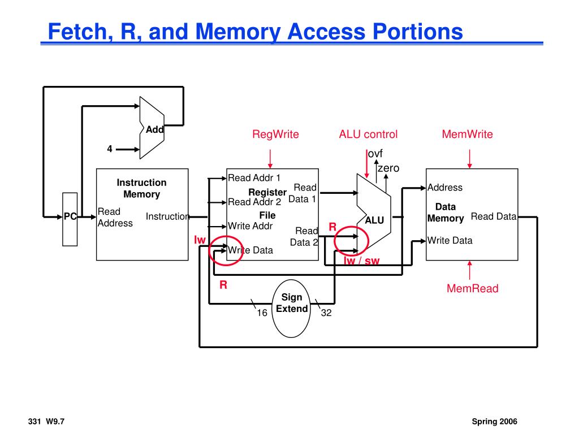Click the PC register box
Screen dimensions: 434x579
coord(70,219)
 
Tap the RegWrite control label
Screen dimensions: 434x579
coord(275,134)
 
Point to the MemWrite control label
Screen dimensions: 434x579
coord(467,134)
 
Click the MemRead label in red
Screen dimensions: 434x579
coord(473,289)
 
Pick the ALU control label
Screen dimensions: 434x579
coord(368,134)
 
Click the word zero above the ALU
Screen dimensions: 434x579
coord(388,168)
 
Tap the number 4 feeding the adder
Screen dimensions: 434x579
coord(110,149)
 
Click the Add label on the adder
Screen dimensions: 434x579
coord(154,129)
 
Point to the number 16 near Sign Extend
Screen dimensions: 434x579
coord(262,313)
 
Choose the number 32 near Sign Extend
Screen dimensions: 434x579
coord(326,313)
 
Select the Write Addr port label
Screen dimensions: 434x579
coord(250,226)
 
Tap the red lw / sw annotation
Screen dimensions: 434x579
coord(362,261)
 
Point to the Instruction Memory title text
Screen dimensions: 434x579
coord(141,188)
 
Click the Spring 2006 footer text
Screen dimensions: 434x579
coord(495,422)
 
